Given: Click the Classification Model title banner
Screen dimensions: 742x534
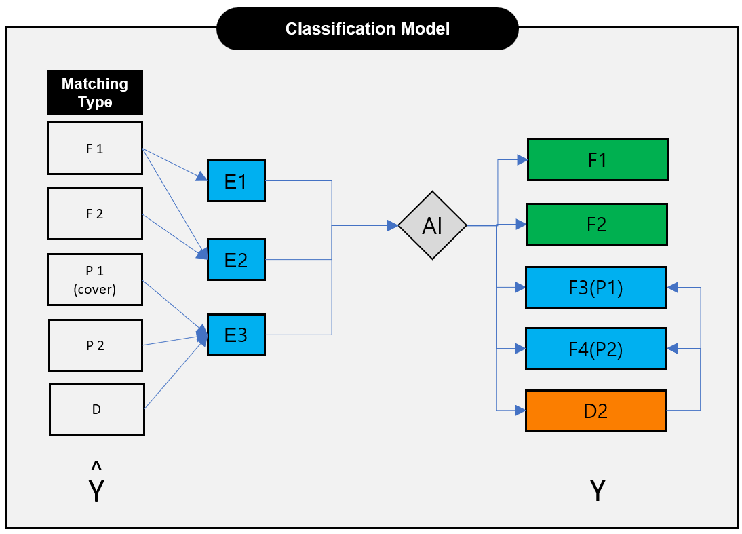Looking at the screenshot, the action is point(367,29).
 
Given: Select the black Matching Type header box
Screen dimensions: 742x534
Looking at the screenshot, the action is point(95,93).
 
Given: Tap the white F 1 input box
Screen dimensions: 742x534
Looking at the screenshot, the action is point(95,149).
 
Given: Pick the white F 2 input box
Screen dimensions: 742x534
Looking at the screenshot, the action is point(95,214).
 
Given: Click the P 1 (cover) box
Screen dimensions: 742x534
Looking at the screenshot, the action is point(95,280).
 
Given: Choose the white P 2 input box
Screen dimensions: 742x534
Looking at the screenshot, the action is point(96,345).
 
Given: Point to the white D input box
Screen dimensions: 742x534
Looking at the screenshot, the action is point(97,409).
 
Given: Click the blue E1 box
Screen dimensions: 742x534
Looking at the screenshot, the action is point(236,181).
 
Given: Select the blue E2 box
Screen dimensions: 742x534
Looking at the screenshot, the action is point(236,260).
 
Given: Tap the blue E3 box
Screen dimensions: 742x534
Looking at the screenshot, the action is point(236,335).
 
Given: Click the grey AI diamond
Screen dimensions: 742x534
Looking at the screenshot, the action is point(433,225).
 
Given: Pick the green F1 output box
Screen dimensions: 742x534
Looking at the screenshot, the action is point(598,160).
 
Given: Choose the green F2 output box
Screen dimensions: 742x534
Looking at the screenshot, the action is point(597,225).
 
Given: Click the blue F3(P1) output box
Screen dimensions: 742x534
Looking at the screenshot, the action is point(596,288).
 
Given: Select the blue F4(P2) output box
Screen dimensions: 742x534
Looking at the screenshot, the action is point(596,349).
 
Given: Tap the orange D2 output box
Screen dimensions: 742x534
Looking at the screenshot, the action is point(596,411).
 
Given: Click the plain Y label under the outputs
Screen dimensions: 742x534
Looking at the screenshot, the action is point(598,491).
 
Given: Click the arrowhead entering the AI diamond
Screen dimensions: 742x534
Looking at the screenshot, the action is point(393,226).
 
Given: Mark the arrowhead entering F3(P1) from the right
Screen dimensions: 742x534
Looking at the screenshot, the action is point(672,288).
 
